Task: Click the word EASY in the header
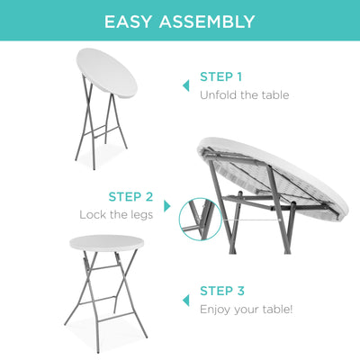click(x=130, y=22)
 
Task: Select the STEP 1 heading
click(x=220, y=76)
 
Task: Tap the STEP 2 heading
click(x=130, y=196)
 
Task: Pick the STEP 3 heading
click(x=220, y=291)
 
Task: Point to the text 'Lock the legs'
click(x=116, y=214)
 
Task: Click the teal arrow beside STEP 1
click(x=186, y=85)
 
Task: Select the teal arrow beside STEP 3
click(x=186, y=300)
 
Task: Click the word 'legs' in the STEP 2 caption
click(x=140, y=214)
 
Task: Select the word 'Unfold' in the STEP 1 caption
click(x=217, y=94)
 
